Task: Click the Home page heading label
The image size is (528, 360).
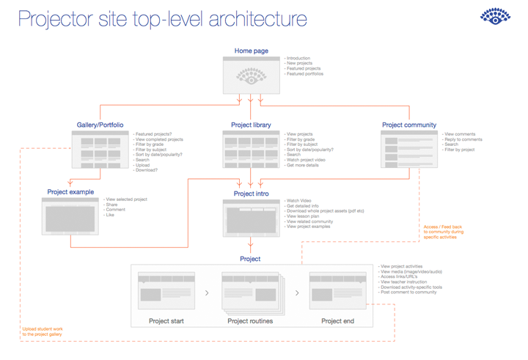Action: coord(252,51)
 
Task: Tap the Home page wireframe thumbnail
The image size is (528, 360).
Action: coord(252,75)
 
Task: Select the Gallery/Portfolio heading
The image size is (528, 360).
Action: coord(100,125)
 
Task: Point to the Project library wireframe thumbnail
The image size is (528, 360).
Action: coord(252,149)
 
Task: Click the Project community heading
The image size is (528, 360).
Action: coord(409,125)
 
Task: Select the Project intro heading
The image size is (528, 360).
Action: coord(251,194)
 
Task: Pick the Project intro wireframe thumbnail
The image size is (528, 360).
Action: coord(251,218)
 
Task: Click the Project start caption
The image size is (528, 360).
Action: coord(166,321)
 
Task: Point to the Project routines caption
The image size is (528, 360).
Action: coord(252,321)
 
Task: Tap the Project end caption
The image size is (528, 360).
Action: coord(337,321)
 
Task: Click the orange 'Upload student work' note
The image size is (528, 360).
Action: coord(43,331)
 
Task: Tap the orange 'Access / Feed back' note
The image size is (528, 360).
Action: coord(443,232)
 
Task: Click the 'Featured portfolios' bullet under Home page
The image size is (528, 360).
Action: coord(305,74)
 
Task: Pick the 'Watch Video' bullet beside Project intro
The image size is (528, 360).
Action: coord(298,199)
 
